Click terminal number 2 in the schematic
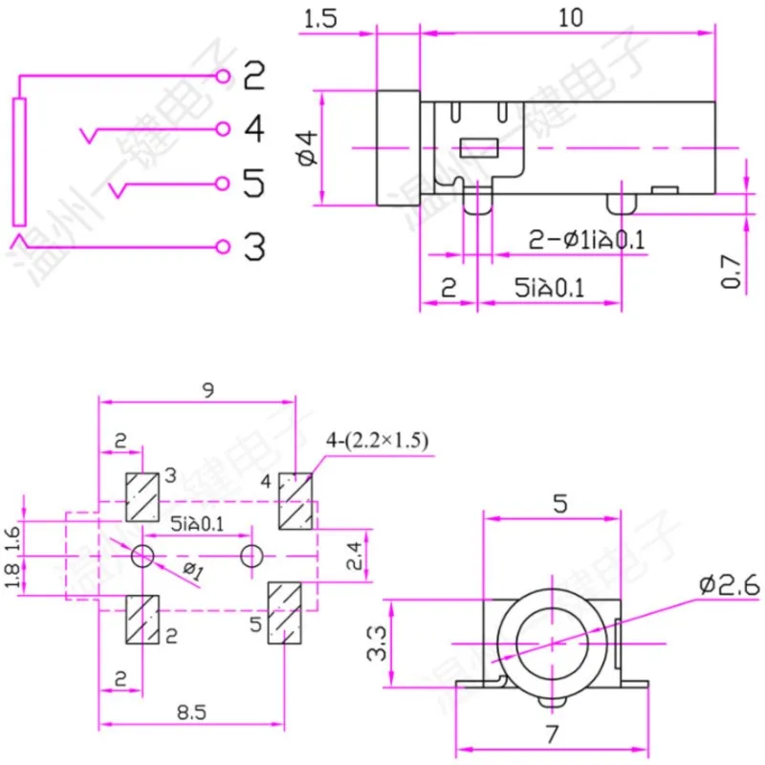252,76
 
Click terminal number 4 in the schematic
252,128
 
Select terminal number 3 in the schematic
252,247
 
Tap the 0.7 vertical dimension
732,272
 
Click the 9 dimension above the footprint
208,389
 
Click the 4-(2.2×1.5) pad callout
377,441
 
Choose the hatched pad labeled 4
295,501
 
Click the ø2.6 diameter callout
729,583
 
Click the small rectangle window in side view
479,148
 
